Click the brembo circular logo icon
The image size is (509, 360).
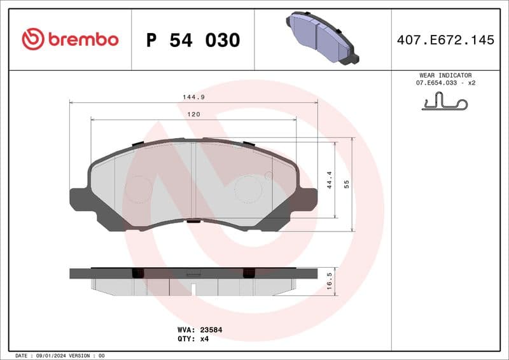[x=32, y=39]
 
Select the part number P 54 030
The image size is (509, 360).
[x=193, y=40]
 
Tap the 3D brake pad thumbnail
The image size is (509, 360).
[x=321, y=39]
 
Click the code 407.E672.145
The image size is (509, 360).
[x=445, y=40]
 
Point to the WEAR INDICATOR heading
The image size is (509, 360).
[x=445, y=75]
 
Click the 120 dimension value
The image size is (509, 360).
[x=193, y=114]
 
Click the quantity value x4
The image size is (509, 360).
[x=204, y=339]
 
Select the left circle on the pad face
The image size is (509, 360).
[x=138, y=190]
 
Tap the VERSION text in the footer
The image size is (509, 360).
[x=81, y=356]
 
